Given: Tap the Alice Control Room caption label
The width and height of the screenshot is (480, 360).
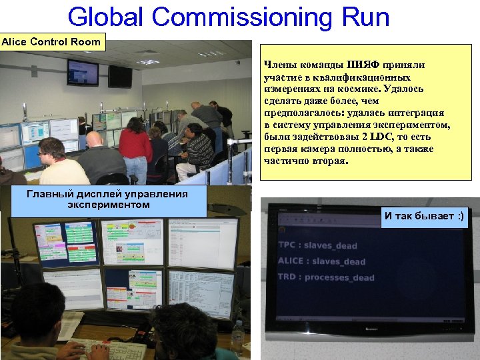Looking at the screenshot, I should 51,42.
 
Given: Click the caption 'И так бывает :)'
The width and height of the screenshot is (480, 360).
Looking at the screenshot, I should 425,216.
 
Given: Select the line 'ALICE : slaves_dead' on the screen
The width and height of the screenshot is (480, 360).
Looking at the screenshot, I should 321,261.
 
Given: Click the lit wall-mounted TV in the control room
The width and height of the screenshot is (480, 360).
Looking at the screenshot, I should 82,72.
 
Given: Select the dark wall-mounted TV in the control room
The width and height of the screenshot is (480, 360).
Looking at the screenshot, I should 121,76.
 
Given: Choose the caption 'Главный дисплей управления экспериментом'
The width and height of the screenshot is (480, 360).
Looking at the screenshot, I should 108,199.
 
